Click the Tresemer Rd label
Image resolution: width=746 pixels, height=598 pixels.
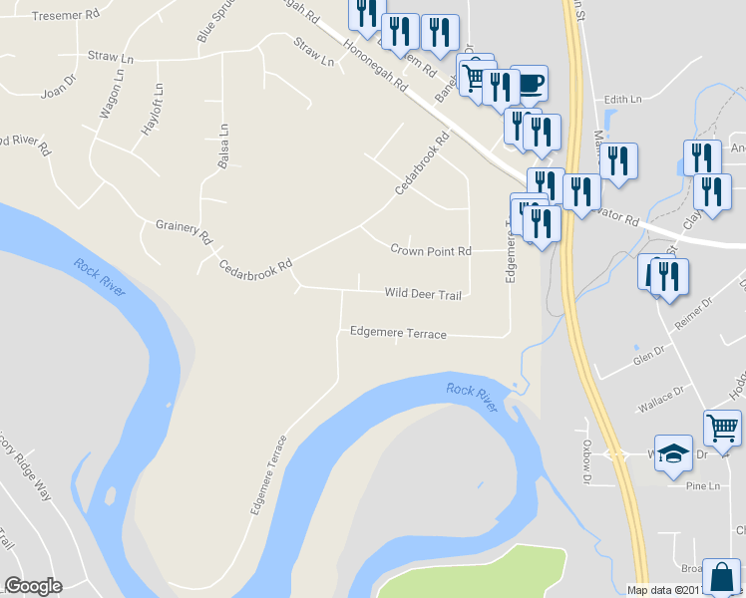(x=66, y=16)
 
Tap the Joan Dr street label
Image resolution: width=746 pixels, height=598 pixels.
(x=58, y=94)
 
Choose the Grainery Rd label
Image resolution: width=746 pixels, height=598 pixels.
(x=185, y=231)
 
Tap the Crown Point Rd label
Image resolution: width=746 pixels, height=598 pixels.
(x=430, y=250)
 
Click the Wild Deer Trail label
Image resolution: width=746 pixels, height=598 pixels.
(x=423, y=294)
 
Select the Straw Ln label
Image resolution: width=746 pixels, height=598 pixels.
(x=312, y=52)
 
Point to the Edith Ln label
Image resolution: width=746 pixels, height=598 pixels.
(x=623, y=100)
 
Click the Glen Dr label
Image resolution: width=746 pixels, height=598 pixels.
(x=648, y=359)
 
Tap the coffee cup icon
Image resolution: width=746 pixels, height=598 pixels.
(x=528, y=85)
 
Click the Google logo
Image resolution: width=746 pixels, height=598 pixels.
(x=33, y=586)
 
